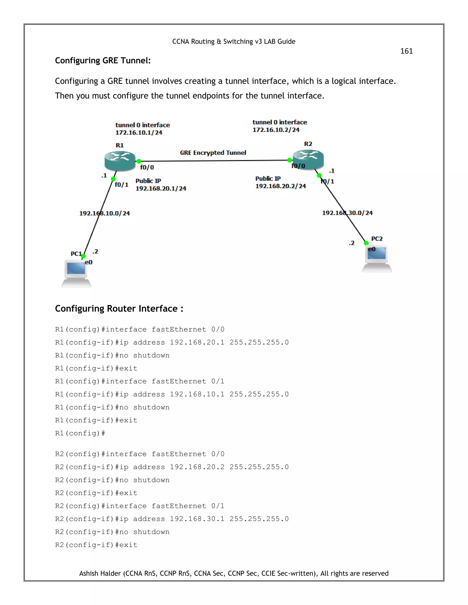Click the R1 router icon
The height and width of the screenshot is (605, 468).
point(120,161)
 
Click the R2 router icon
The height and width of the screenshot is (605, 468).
point(308,160)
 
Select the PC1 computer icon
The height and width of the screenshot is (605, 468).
point(76,273)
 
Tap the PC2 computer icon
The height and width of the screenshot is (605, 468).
point(377,258)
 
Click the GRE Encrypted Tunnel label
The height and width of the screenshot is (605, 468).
point(213,153)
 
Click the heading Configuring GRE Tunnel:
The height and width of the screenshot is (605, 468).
point(103,61)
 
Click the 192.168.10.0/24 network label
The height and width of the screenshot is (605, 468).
point(104,213)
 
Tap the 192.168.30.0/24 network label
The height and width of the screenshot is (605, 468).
point(347,213)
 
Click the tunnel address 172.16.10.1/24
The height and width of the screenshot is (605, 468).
point(139,133)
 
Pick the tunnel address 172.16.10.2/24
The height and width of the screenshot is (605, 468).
point(276,130)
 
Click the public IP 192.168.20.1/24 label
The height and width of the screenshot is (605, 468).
point(161,189)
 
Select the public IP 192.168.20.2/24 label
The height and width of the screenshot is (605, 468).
point(281,186)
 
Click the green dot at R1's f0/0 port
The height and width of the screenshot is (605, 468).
point(139,161)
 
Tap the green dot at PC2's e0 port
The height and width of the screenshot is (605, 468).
point(366,243)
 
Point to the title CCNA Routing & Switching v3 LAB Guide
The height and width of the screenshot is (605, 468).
point(234,42)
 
